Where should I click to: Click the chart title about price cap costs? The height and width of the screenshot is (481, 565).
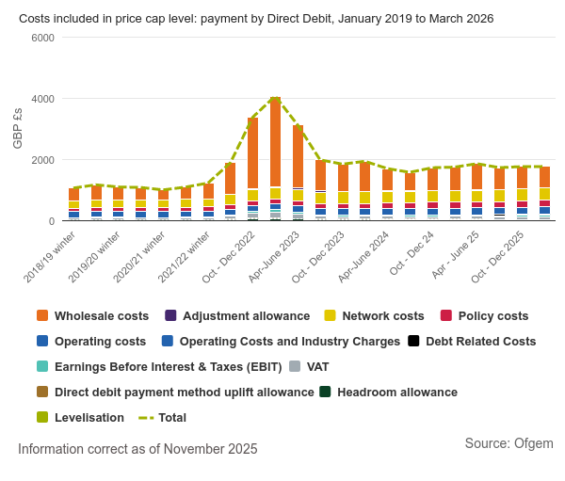pos(256,19)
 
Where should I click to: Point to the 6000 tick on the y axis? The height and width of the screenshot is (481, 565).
pos(42,38)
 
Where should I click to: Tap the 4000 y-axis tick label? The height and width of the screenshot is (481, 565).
pos(42,99)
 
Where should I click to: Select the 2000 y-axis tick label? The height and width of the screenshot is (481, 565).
pos(42,160)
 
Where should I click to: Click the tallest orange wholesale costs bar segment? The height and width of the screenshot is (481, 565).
pos(275,141)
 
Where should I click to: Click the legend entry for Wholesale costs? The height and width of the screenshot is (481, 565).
pos(101,315)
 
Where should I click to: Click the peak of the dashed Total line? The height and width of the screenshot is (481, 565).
pos(275,98)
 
